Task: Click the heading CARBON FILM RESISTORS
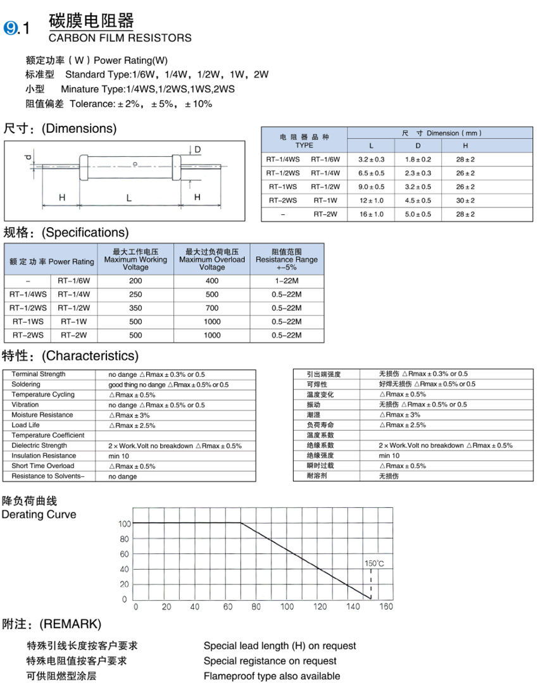(x=120, y=38)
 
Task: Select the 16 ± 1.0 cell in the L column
(x=372, y=214)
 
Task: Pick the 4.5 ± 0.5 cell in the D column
(x=418, y=200)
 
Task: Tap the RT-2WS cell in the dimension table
(x=283, y=200)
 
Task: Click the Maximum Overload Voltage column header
(x=212, y=259)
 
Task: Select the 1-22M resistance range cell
(x=287, y=280)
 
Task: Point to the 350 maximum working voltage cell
(x=135, y=308)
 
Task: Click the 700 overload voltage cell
(x=212, y=308)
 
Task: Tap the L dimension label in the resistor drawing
(x=128, y=198)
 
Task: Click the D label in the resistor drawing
(x=197, y=149)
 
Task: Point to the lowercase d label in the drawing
(x=27, y=156)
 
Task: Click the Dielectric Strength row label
(x=39, y=446)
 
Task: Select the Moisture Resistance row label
(x=42, y=415)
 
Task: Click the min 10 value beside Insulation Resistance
(x=119, y=456)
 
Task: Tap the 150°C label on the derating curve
(x=374, y=563)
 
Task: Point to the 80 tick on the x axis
(x=256, y=607)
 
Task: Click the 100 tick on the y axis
(x=123, y=524)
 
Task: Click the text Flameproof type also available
(x=272, y=677)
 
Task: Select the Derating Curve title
(x=39, y=515)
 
